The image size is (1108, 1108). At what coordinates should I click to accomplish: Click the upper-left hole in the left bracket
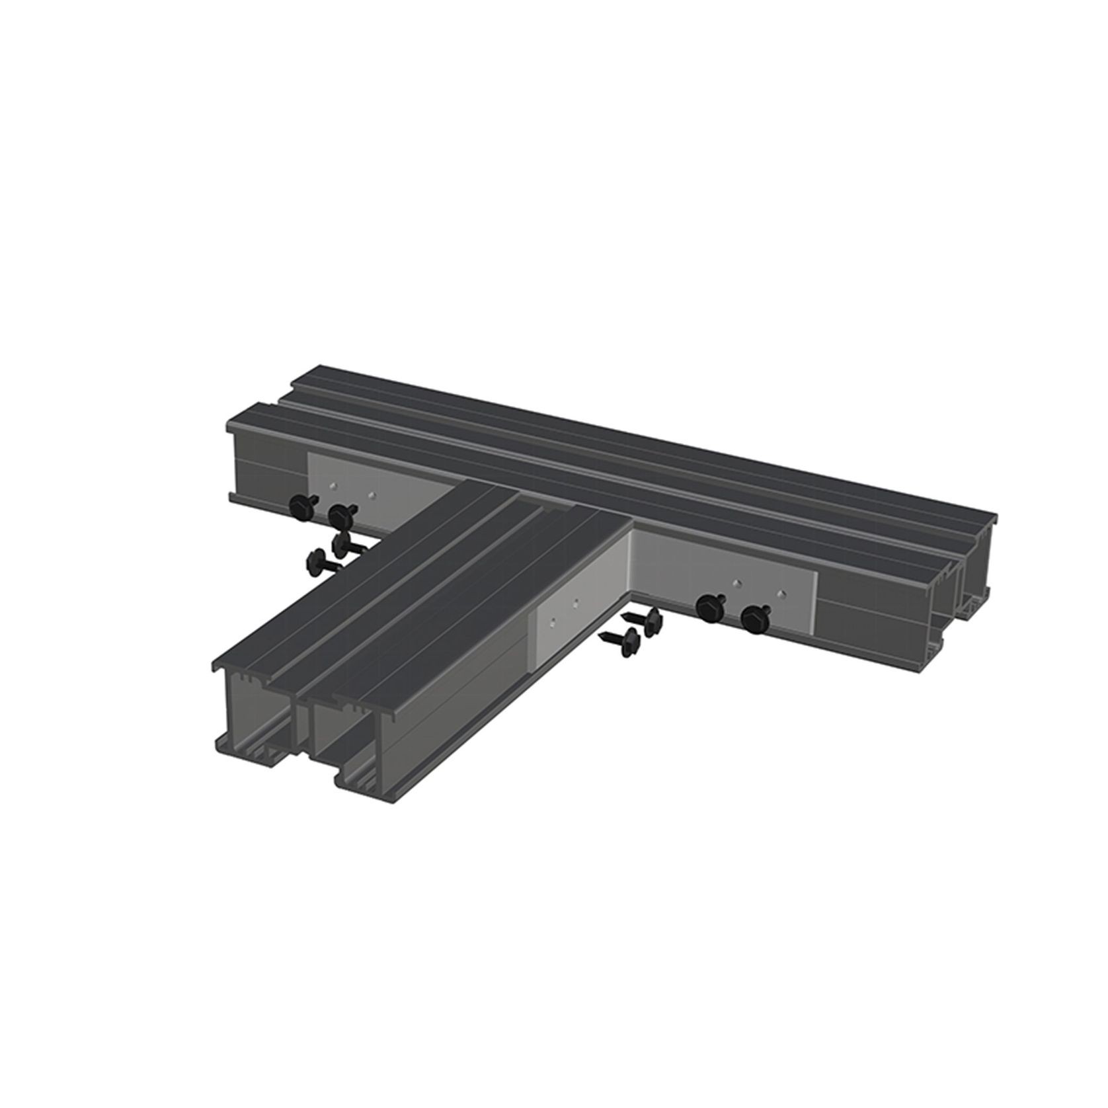pyautogui.click(x=335, y=486)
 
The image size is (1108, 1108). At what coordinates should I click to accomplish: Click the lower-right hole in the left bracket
pyautogui.click(x=374, y=495)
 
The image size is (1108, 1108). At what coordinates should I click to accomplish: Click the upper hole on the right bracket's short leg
pyautogui.click(x=576, y=602)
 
